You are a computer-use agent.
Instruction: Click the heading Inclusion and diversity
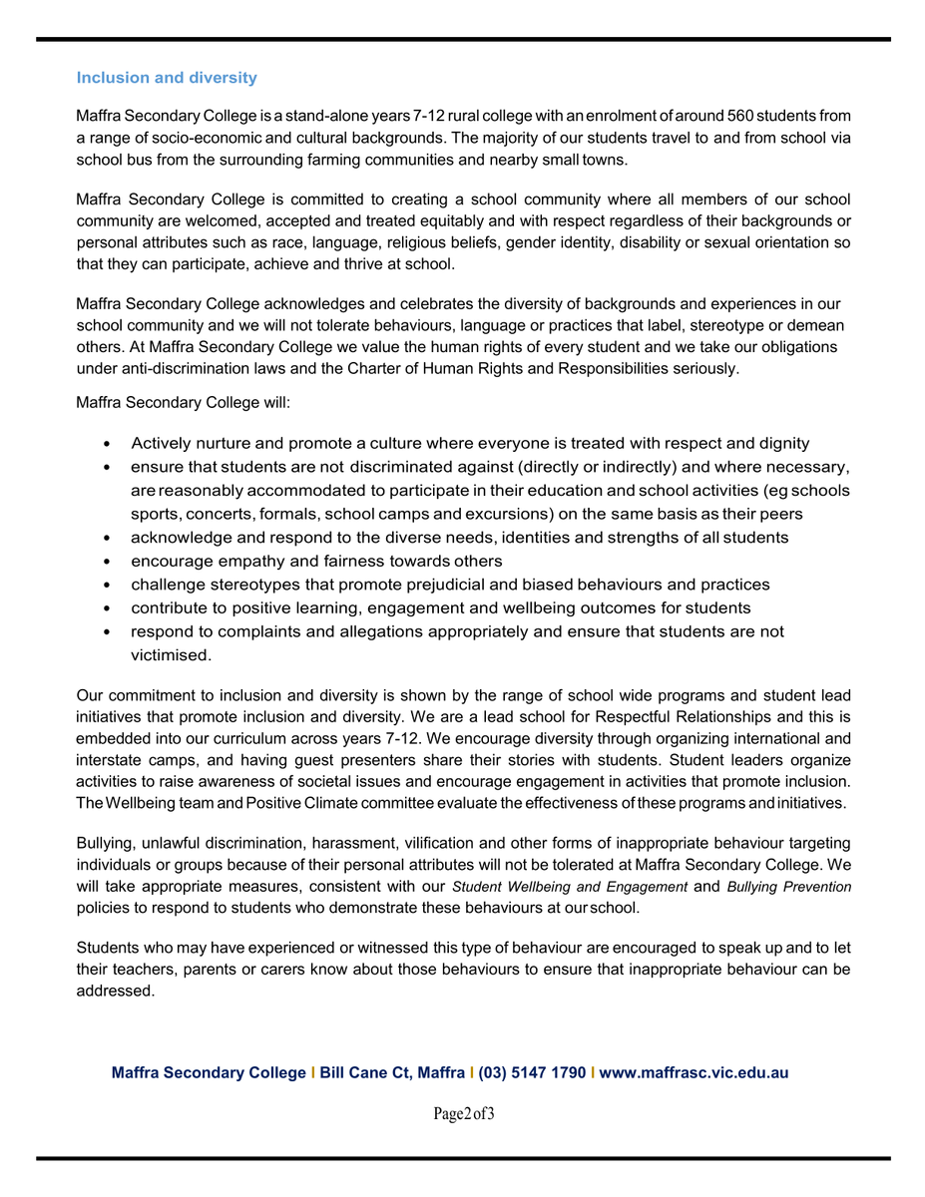(167, 78)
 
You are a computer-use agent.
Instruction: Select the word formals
(290, 514)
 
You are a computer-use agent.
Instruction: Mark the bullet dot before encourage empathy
(107, 562)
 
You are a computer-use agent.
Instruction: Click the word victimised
(171, 655)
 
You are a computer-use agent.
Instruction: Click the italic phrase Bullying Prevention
(789, 887)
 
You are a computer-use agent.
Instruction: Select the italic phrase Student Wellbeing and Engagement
(570, 887)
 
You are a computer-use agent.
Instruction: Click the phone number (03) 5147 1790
(532, 1073)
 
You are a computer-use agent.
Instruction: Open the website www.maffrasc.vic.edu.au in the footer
(694, 1073)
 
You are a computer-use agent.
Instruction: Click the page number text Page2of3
(464, 1113)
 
